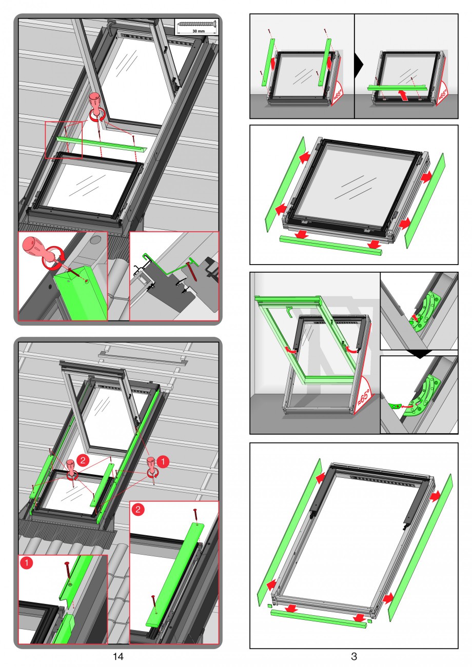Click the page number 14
click(x=118, y=656)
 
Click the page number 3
click(x=354, y=656)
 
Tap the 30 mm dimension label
click(x=196, y=31)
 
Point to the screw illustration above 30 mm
click(x=196, y=23)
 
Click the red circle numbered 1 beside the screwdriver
click(x=163, y=461)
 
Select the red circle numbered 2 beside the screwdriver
click(x=83, y=460)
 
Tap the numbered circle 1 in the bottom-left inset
click(x=27, y=562)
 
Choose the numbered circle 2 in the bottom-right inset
click(x=138, y=509)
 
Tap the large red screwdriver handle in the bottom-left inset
click(x=34, y=248)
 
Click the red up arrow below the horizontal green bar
click(x=403, y=96)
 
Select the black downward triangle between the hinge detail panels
click(x=419, y=353)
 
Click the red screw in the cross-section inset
click(x=192, y=271)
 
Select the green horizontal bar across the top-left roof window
click(x=102, y=144)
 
